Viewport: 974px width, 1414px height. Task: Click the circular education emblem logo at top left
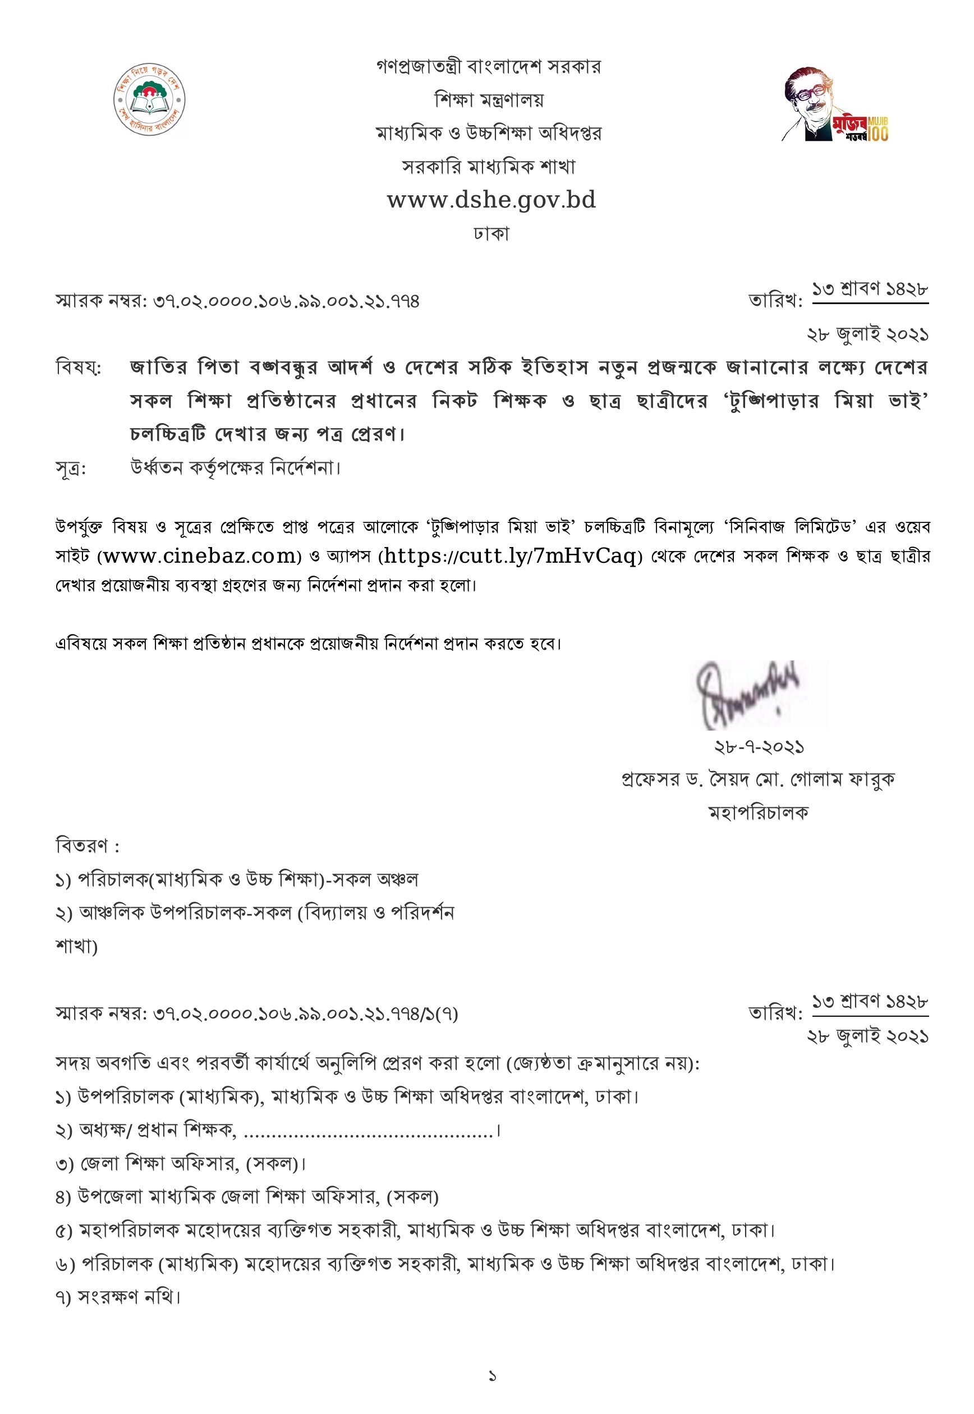pyautogui.click(x=149, y=99)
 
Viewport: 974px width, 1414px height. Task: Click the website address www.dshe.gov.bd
pyautogui.click(x=491, y=200)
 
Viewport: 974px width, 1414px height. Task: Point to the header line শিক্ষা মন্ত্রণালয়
pyautogui.click(x=489, y=99)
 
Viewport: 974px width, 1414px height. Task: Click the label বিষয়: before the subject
pyautogui.click(x=79, y=368)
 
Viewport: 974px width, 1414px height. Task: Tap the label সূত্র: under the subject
pyautogui.click(x=71, y=469)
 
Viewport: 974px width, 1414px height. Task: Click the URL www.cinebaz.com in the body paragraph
pyautogui.click(x=199, y=556)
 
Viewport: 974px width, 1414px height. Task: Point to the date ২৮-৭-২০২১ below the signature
pyautogui.click(x=759, y=747)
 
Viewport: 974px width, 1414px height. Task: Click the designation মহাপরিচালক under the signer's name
pyautogui.click(x=758, y=813)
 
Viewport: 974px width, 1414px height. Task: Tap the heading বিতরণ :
pyautogui.click(x=88, y=847)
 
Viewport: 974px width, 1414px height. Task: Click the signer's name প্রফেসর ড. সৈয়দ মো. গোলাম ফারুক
pyautogui.click(x=758, y=780)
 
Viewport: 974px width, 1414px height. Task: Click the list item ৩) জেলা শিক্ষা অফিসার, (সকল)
pyautogui.click(x=181, y=1164)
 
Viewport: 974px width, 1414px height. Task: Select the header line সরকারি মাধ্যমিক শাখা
pyautogui.click(x=489, y=167)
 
